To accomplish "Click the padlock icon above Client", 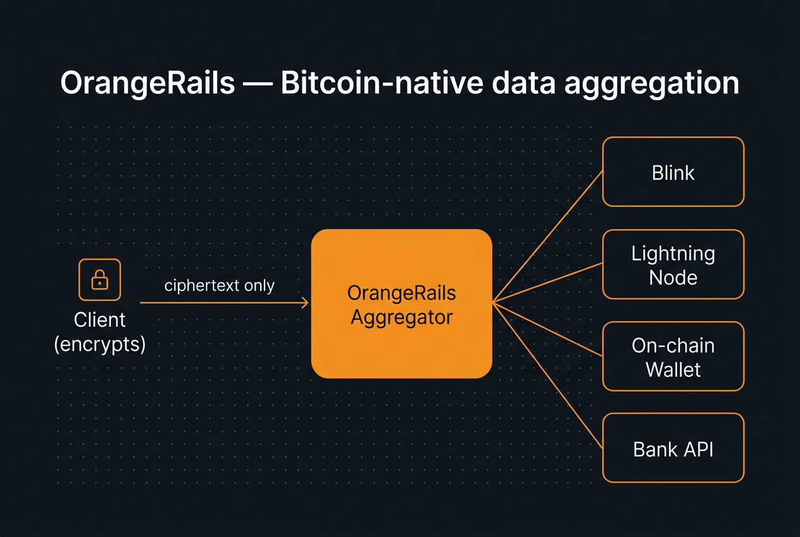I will coord(99,279).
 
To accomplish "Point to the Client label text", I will coord(99,319).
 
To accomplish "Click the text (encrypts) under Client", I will coord(99,344).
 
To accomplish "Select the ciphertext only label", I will coord(219,286).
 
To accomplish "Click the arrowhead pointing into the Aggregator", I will coord(305,303).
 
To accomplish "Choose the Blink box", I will coord(673,172).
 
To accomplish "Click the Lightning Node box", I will coord(673,265).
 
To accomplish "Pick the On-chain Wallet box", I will coord(673,357).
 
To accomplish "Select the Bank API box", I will coord(673,448).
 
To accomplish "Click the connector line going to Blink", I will coord(548,236).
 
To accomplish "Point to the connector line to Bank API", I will coord(548,376).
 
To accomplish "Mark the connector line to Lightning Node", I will coord(548,283).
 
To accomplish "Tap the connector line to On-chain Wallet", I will coord(548,329).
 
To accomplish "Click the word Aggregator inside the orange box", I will coord(401,317).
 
